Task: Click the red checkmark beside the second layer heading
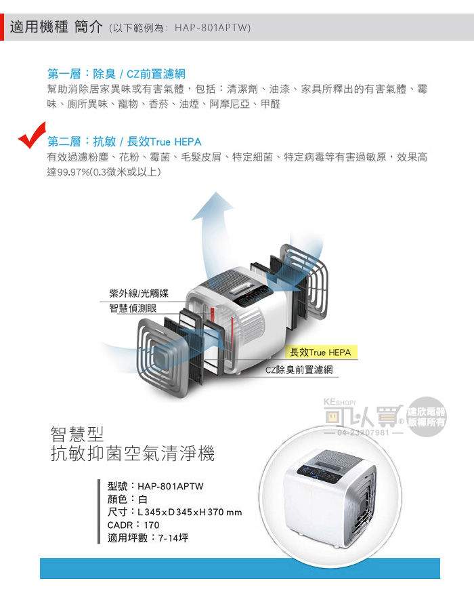pyautogui.click(x=31, y=135)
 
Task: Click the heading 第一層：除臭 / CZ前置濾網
pyautogui.click(x=116, y=73)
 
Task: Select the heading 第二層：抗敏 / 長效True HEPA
pyautogui.click(x=124, y=142)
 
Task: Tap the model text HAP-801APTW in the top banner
pyautogui.click(x=212, y=28)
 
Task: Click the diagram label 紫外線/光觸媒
pyautogui.click(x=139, y=294)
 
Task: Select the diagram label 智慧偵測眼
pyautogui.click(x=133, y=308)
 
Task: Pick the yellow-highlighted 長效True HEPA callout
pyautogui.click(x=320, y=352)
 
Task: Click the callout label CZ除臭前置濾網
pyautogui.click(x=299, y=370)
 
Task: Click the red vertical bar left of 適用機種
pyautogui.click(x=2, y=27)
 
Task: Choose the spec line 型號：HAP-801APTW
pyautogui.click(x=156, y=486)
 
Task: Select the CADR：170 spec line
pyautogui.click(x=133, y=525)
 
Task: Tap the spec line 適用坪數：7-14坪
pyautogui.click(x=148, y=538)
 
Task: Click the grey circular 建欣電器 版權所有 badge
pyautogui.click(x=426, y=417)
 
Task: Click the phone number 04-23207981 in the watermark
pyautogui.click(x=364, y=432)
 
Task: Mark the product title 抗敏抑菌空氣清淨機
pyautogui.click(x=133, y=453)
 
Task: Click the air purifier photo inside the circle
pyautogui.click(x=332, y=500)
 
